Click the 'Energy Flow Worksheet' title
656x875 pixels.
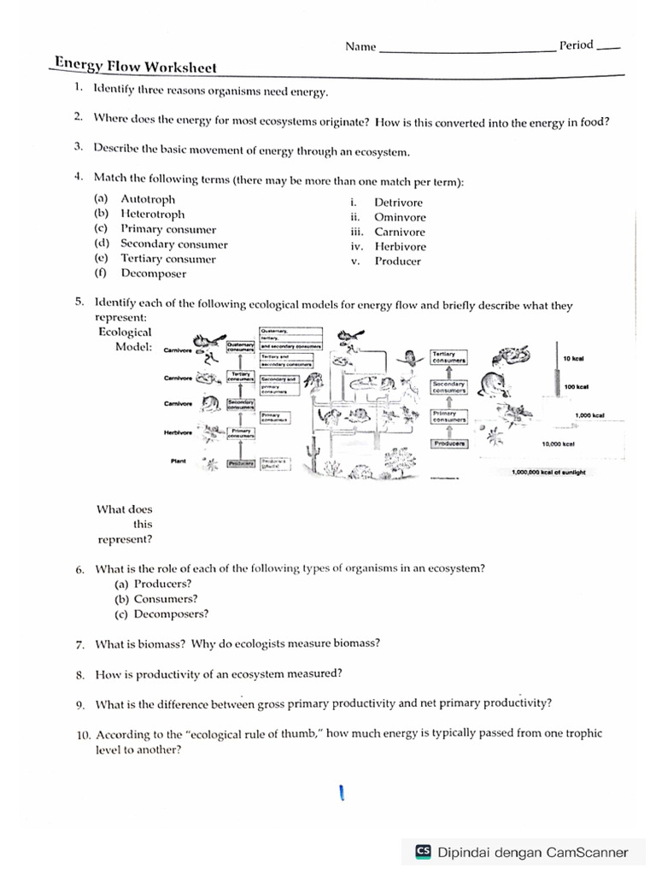point(136,67)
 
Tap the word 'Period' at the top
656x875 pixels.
point(576,45)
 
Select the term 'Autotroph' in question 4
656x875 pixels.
point(148,199)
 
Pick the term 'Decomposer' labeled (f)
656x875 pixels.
point(153,273)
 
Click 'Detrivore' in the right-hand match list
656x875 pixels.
point(398,203)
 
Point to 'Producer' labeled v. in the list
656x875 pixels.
point(397,261)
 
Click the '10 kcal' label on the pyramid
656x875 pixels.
point(573,358)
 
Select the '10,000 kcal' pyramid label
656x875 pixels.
point(558,444)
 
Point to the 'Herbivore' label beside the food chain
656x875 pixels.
point(177,432)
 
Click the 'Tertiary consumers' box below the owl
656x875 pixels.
point(448,356)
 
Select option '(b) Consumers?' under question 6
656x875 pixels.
point(155,599)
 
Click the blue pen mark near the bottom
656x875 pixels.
point(341,794)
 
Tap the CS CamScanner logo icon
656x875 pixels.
point(423,851)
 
